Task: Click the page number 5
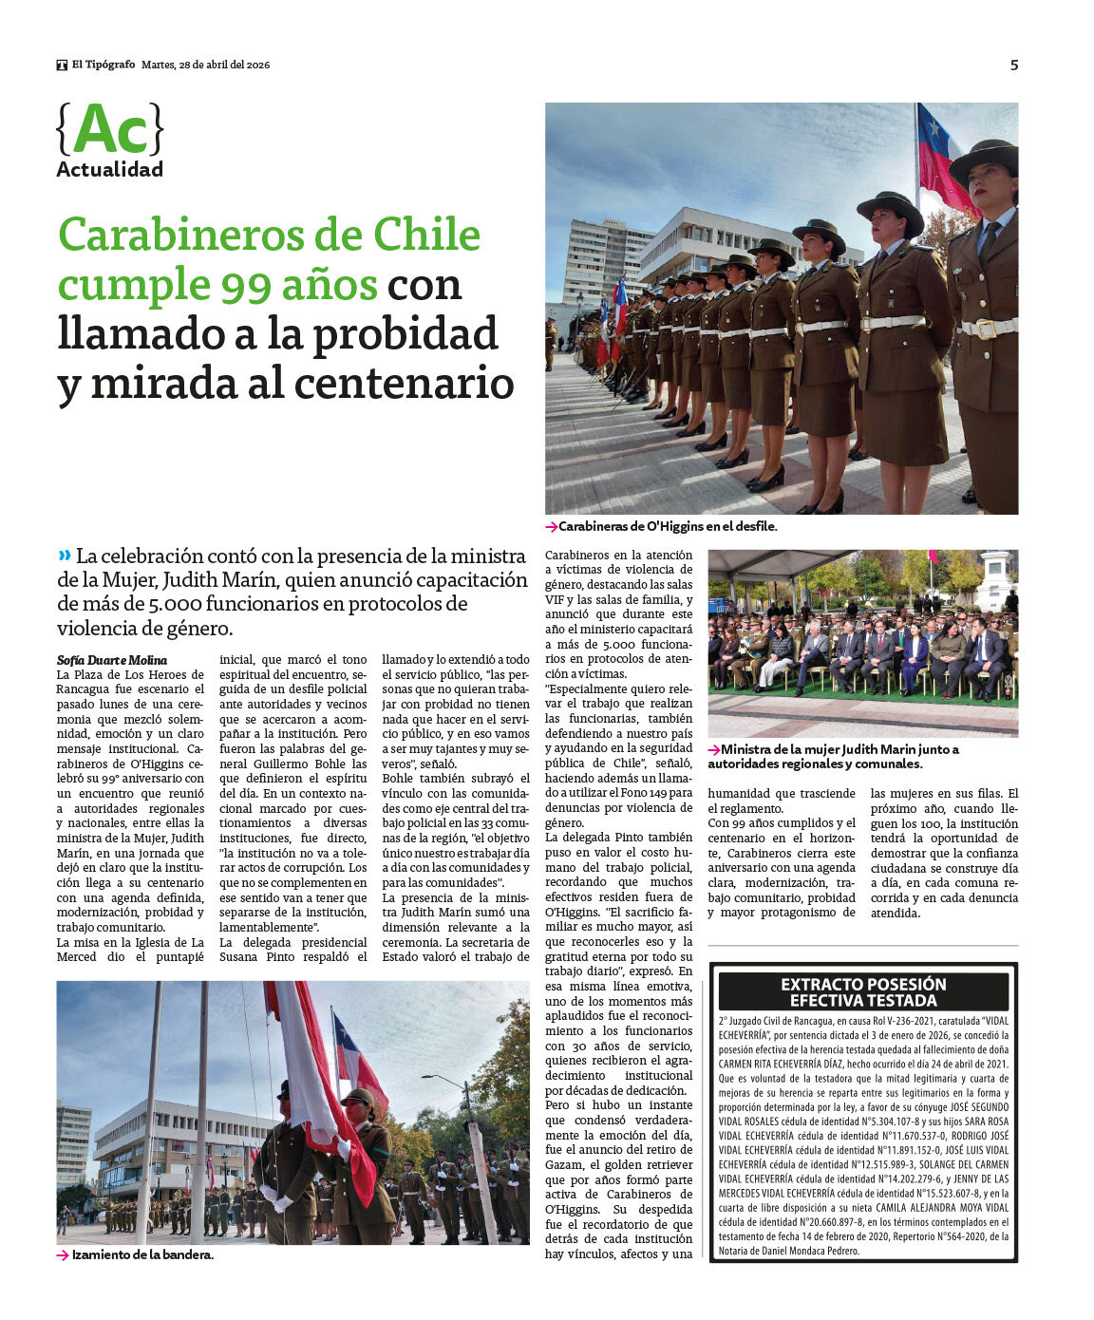coord(1014,65)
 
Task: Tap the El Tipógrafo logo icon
coord(62,65)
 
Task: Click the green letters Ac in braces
coord(110,129)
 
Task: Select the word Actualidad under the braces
coord(109,169)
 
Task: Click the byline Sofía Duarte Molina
coord(112,660)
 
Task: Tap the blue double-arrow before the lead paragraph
coord(65,556)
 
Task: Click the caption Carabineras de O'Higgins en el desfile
coord(668,526)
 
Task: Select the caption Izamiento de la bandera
coord(142,1254)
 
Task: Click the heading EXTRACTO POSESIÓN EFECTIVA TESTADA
coord(863,991)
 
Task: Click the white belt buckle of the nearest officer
coord(985,329)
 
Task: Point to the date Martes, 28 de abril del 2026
coord(205,65)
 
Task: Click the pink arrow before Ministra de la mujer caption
coord(714,749)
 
